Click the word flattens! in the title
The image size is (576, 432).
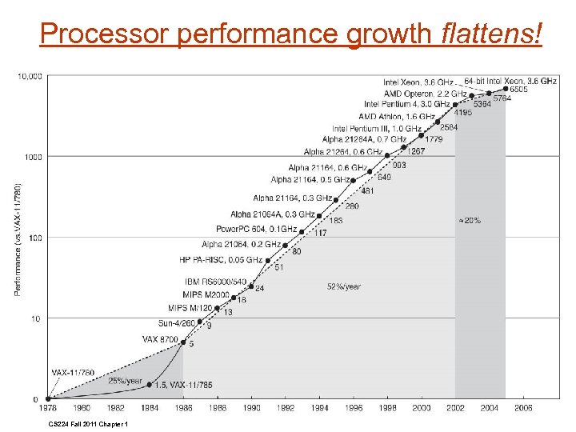click(491, 34)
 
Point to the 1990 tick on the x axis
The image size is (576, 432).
click(251, 408)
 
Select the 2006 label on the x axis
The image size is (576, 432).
click(523, 408)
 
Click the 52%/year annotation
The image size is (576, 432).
click(343, 286)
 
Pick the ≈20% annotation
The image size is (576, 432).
click(469, 220)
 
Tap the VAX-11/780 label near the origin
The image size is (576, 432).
click(73, 373)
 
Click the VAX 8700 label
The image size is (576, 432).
click(160, 339)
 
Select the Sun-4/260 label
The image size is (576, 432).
click(176, 322)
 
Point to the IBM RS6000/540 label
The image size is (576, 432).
click(217, 282)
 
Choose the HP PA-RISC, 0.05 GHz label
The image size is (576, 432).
click(221, 260)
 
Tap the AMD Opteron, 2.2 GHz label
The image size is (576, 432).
click(425, 94)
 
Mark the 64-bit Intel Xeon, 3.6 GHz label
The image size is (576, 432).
click(510, 82)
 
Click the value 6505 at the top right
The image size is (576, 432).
click(518, 90)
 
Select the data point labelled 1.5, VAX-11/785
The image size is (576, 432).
click(149, 384)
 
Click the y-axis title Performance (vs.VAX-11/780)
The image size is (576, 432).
click(18, 238)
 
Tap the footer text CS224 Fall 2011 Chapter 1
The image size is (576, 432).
click(88, 424)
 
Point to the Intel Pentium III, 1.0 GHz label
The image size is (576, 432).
click(377, 129)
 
